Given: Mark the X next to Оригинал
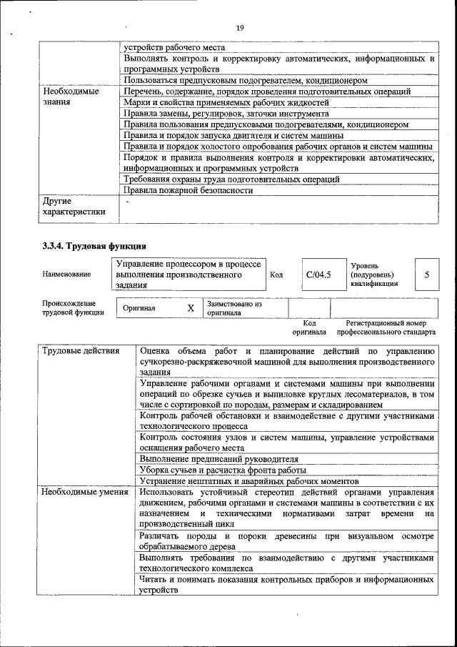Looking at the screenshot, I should click(x=191, y=308).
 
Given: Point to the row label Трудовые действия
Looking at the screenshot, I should click(x=74, y=351).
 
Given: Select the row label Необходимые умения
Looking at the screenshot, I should click(x=84, y=492).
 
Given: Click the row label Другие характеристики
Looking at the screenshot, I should click(x=74, y=206).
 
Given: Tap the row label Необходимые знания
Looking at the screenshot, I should click(x=71, y=97).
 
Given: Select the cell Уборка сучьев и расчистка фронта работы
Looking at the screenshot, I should click(x=223, y=470).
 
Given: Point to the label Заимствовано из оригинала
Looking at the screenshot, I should click(x=235, y=308).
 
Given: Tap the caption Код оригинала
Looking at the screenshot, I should click(x=308, y=327).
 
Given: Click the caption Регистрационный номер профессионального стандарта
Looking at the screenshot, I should click(x=386, y=327).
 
